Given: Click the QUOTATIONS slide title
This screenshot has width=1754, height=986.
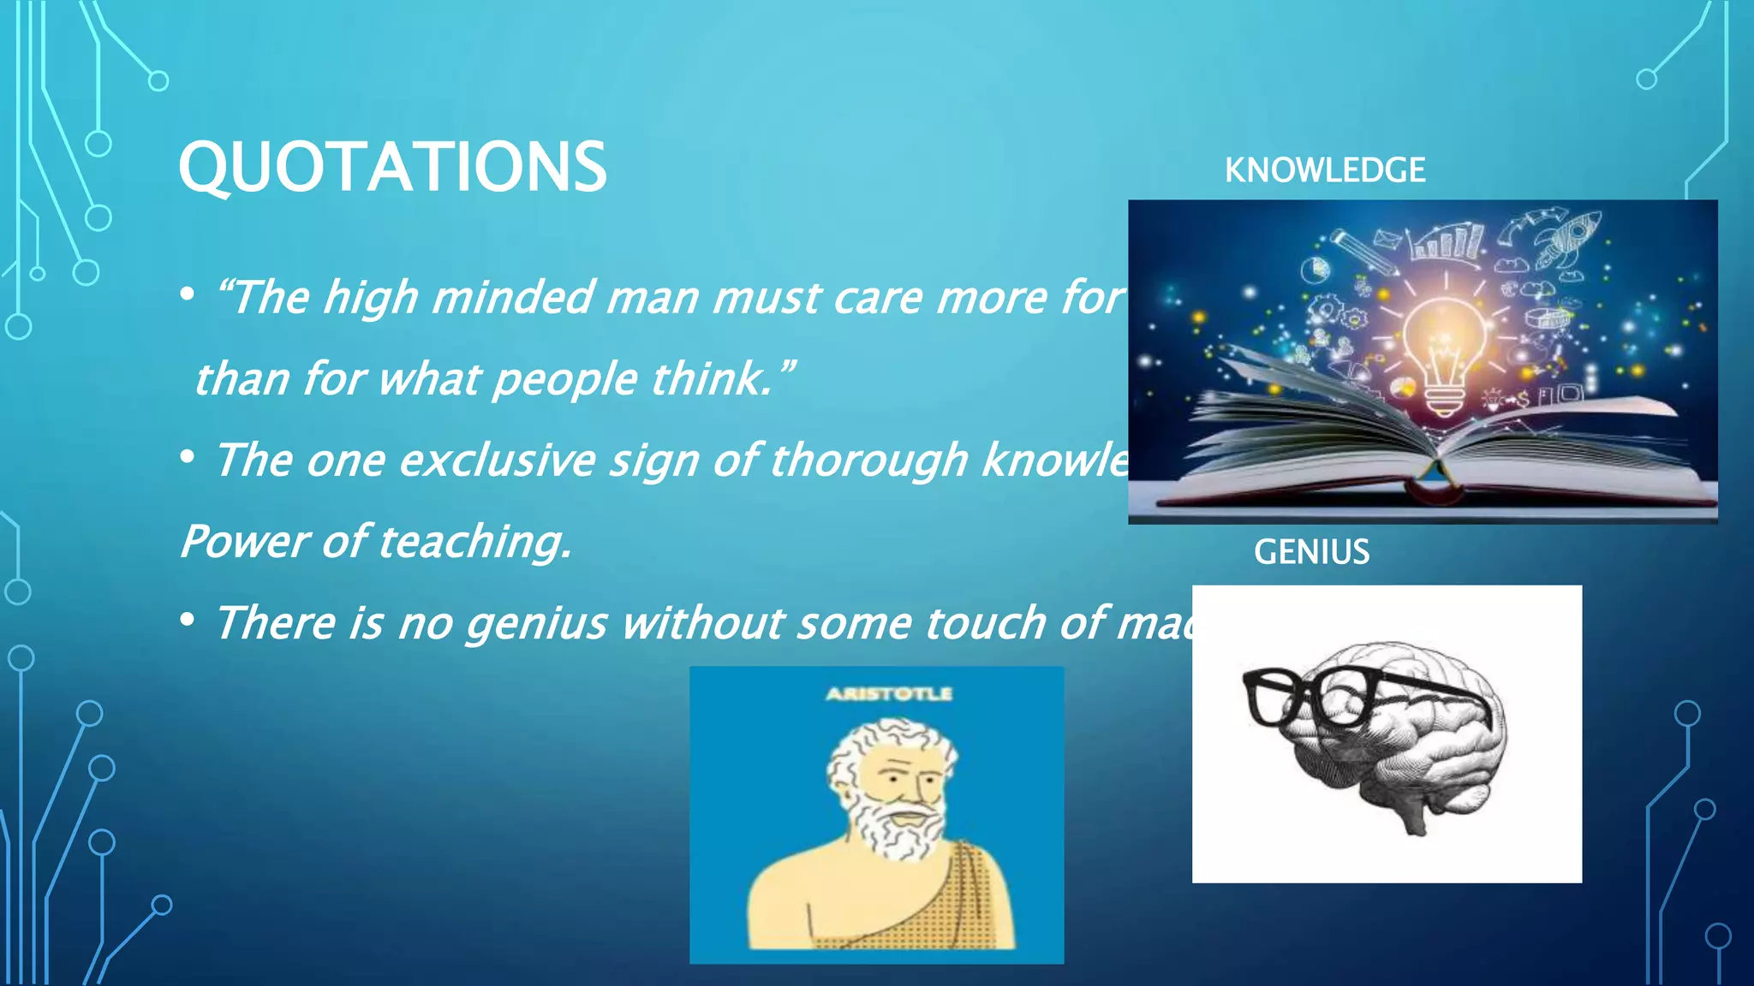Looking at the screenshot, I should click(x=392, y=167).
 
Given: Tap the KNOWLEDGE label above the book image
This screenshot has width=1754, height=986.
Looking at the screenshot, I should click(x=1324, y=170).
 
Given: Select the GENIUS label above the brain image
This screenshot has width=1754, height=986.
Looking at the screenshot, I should click(x=1311, y=552).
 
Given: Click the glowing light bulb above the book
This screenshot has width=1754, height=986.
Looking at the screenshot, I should click(x=1446, y=351).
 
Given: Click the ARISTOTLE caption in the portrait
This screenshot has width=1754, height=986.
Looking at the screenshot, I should click(x=888, y=693).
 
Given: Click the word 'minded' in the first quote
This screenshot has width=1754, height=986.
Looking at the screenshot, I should click(x=512, y=298).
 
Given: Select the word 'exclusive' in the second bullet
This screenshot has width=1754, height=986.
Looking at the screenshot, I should click(x=497, y=460).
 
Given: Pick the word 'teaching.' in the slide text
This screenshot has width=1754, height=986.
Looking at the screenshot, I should click(x=474, y=542).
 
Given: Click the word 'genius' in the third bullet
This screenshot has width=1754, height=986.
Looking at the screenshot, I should click(x=536, y=622).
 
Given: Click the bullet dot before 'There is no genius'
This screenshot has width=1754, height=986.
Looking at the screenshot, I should click(x=188, y=620).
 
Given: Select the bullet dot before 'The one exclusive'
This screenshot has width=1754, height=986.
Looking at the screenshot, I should click(x=188, y=457).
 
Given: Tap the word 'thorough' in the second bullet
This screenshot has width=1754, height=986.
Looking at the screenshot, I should click(x=868, y=460).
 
